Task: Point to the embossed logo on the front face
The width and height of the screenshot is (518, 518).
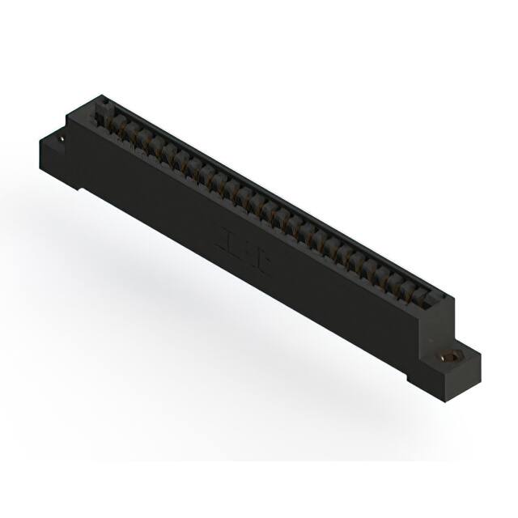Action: click(x=234, y=243)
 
